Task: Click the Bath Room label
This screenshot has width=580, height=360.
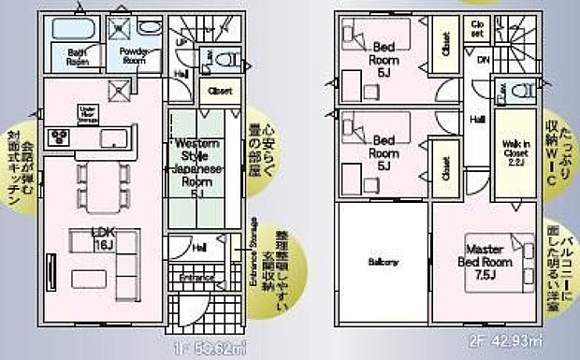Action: [77, 57]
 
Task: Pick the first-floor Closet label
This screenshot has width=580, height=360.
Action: [221, 92]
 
